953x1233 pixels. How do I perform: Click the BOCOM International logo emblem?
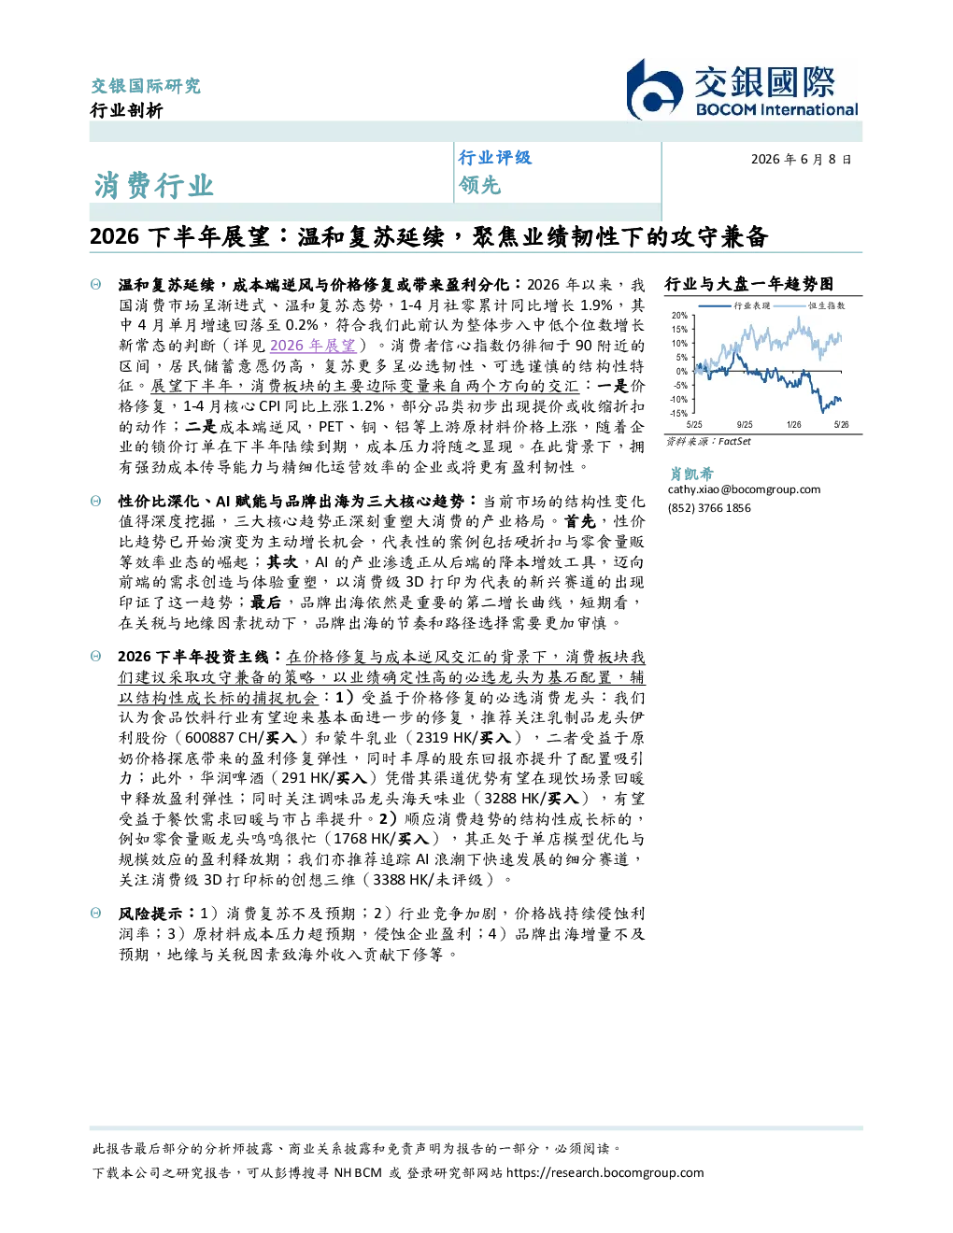(x=654, y=89)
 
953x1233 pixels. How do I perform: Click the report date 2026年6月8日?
(x=801, y=159)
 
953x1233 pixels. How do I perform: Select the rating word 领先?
(x=479, y=185)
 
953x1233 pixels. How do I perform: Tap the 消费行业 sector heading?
(x=153, y=185)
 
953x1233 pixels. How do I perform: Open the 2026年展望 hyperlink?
(x=313, y=346)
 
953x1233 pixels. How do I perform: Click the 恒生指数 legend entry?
(x=827, y=305)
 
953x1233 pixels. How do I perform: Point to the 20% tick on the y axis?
(x=679, y=315)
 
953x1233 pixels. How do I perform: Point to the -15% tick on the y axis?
(x=679, y=413)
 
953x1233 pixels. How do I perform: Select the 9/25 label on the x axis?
(x=745, y=424)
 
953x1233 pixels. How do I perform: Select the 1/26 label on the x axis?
(x=794, y=424)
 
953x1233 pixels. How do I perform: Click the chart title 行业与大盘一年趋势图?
(x=748, y=284)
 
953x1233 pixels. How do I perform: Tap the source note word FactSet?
(x=734, y=441)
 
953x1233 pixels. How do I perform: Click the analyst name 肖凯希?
(x=690, y=474)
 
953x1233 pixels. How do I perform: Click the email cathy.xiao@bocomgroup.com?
(x=744, y=489)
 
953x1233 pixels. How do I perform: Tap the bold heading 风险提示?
(x=149, y=914)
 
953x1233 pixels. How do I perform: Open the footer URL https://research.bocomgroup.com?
(x=605, y=1173)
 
